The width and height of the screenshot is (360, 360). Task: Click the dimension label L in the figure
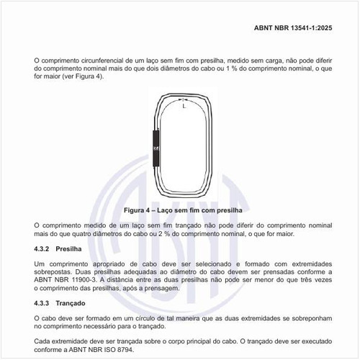pos(184,107)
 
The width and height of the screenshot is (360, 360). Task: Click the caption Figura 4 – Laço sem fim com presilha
pos(179,210)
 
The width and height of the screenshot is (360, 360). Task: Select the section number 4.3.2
pos(45,249)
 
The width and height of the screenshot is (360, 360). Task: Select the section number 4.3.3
pos(45,302)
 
